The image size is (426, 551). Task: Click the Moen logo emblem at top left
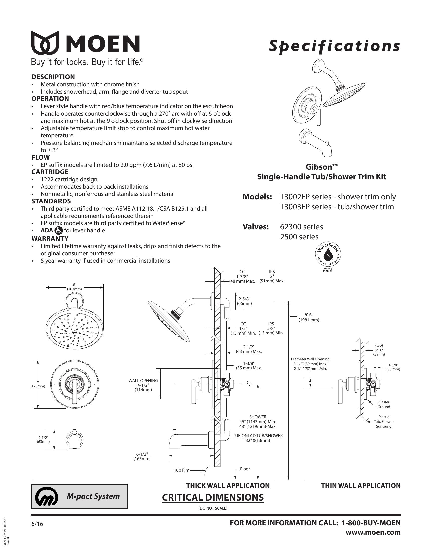point(45,43)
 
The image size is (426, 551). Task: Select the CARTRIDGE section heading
point(50,172)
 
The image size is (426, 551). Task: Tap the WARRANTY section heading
point(50,238)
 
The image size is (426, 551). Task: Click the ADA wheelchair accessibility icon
point(59,230)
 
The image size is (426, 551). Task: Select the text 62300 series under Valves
point(301,227)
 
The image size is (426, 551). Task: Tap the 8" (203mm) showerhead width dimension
point(74,287)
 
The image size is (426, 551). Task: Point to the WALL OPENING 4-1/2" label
point(143,385)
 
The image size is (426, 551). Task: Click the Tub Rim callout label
point(182,470)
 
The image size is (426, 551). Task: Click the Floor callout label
point(245,469)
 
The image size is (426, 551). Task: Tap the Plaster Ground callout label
point(384,404)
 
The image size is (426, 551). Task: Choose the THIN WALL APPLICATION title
point(361,486)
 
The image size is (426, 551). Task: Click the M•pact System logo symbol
point(46,496)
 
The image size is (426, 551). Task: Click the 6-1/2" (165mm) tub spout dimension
point(142,456)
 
